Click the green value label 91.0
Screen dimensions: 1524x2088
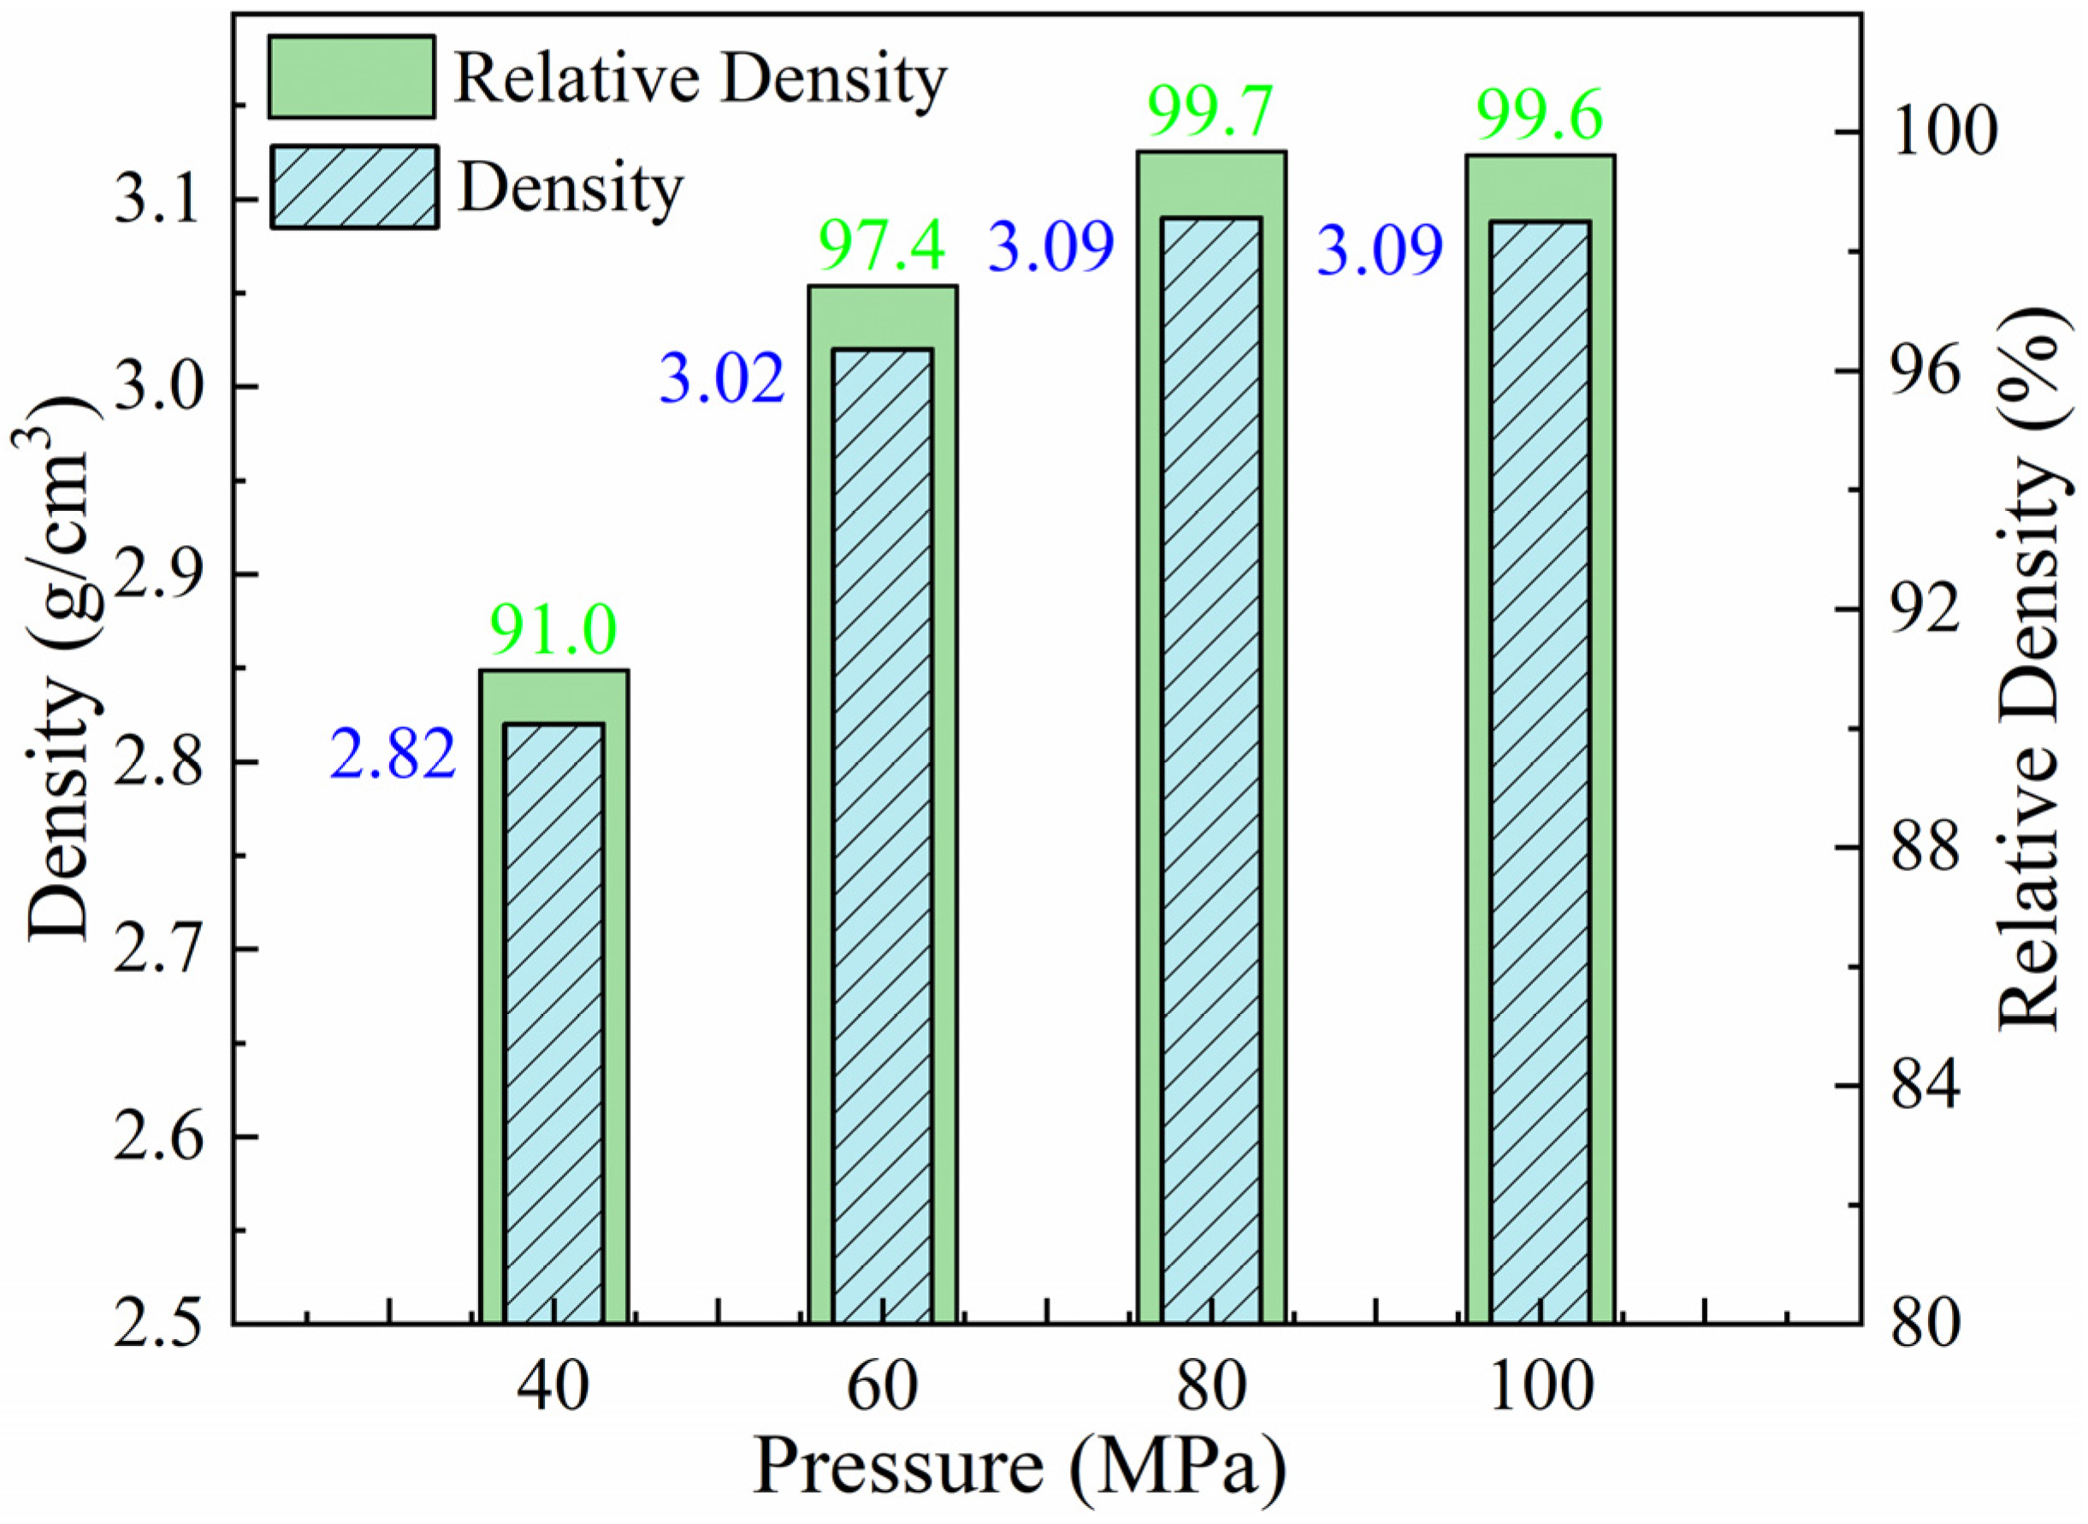553,630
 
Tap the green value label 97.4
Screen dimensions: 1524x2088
883,246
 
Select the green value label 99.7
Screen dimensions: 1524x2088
1210,110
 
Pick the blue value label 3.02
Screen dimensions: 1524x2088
722,379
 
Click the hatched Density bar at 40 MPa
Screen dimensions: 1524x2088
554,1024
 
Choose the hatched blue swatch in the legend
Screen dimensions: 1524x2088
354,187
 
